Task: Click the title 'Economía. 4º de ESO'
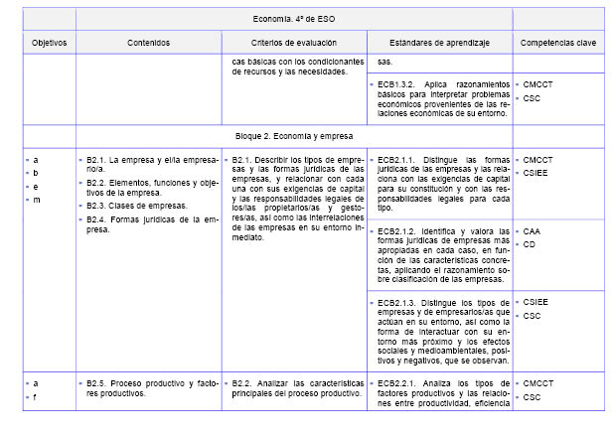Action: point(293,18)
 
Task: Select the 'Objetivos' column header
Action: point(49,43)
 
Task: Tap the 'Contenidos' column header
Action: point(148,43)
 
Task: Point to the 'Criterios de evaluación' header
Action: point(293,43)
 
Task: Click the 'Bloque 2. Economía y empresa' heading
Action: point(293,135)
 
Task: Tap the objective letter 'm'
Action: point(37,200)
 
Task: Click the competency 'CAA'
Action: point(534,230)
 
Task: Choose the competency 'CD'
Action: point(531,243)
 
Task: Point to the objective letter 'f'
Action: point(36,396)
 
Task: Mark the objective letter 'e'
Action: point(36,186)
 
